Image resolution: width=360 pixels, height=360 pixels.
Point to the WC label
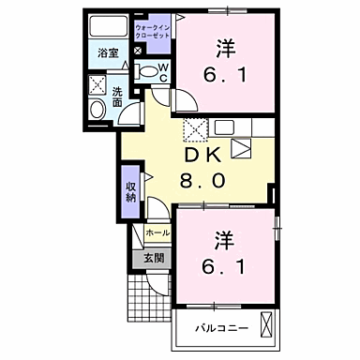tap(161, 70)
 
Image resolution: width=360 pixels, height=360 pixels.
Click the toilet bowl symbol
tap(146, 71)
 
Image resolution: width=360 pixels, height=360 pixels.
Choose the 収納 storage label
tap(131, 191)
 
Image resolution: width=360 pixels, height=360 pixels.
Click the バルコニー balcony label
tap(219, 330)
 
